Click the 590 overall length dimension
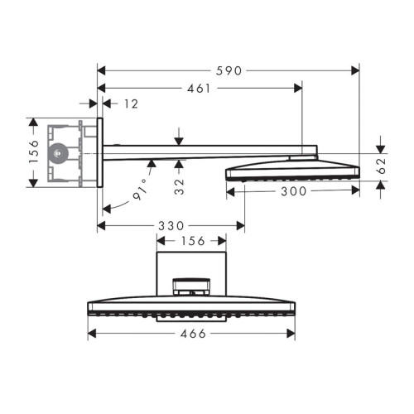[x=229, y=70]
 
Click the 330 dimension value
[x=171, y=225]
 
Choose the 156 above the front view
[x=191, y=240]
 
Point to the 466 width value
[x=191, y=334]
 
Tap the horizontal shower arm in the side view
[x=207, y=151]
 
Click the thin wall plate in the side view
[x=100, y=152]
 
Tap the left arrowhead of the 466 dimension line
[x=92, y=334]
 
